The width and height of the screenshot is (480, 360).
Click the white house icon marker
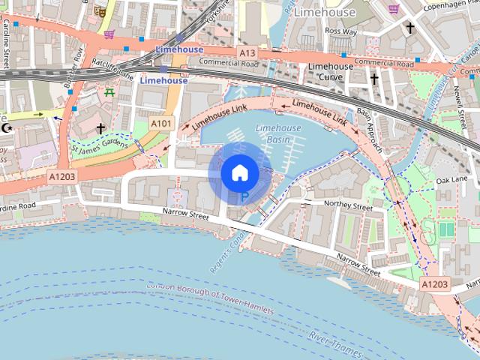coord(239,173)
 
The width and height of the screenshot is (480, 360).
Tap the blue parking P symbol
coord(244,198)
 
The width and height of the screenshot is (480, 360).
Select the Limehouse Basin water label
coord(278,133)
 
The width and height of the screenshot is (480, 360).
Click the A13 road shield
coord(247,53)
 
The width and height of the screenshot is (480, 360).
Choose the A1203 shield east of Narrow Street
coord(434,285)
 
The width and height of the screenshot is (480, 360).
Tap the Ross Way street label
coord(341,32)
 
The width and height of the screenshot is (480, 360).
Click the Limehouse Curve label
coord(331,71)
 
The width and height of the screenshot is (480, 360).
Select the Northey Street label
coord(348,205)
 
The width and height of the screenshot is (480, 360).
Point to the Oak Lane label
coord(451,181)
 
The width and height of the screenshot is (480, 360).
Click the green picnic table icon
coord(110,92)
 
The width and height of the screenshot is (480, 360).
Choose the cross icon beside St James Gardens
coord(100,128)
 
